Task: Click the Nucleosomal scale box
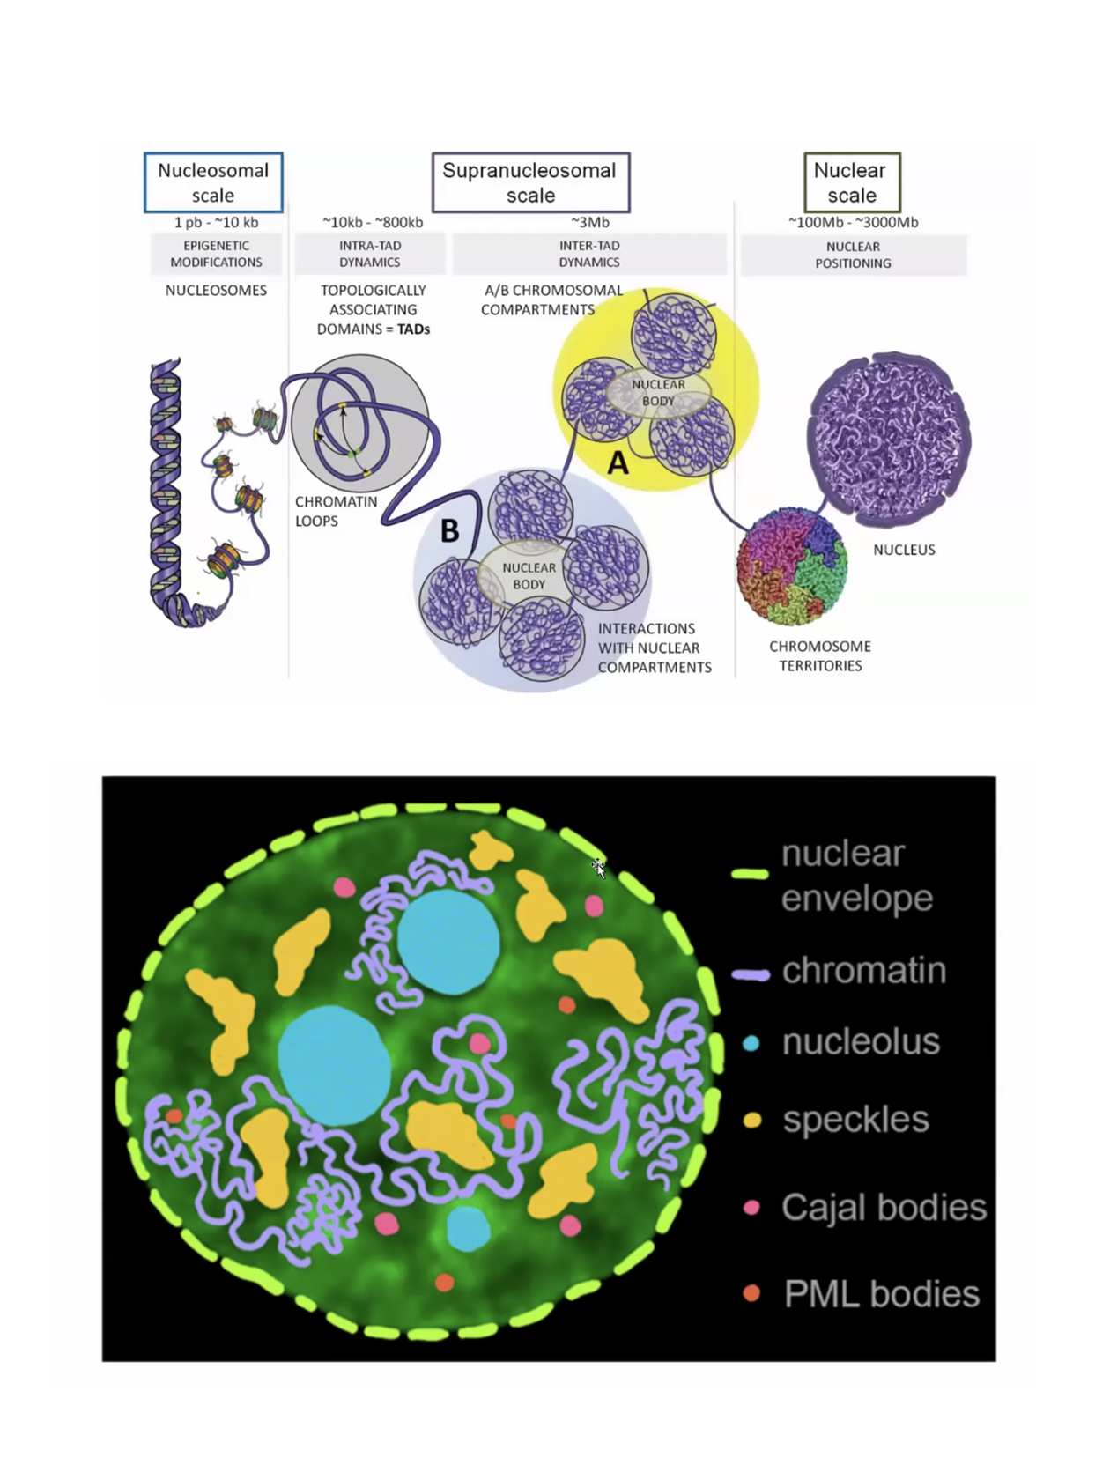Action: click(213, 182)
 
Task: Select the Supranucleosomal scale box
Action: click(530, 182)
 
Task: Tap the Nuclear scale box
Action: click(852, 182)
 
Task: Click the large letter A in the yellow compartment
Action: click(618, 462)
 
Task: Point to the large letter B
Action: click(449, 530)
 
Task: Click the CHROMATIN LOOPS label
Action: click(336, 511)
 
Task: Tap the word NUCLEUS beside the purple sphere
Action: click(904, 550)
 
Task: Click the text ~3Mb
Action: click(589, 222)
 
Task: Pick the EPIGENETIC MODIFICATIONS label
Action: click(216, 254)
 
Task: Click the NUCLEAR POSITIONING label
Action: click(853, 255)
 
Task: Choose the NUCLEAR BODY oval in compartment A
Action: click(658, 393)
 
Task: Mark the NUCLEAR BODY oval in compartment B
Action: click(529, 576)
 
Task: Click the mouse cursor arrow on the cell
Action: click(599, 868)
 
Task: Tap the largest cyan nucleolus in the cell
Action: click(334, 1062)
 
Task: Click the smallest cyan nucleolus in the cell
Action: click(468, 1229)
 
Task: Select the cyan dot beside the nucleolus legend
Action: click(751, 1044)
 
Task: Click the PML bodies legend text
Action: click(881, 1294)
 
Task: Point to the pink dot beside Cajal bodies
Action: click(751, 1208)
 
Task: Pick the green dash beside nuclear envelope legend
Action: click(750, 874)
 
